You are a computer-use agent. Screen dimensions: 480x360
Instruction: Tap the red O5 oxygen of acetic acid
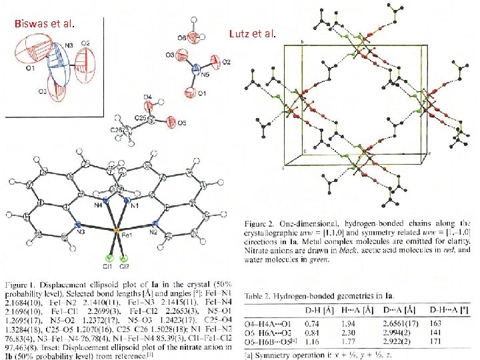pyautogui.click(x=172, y=122)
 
